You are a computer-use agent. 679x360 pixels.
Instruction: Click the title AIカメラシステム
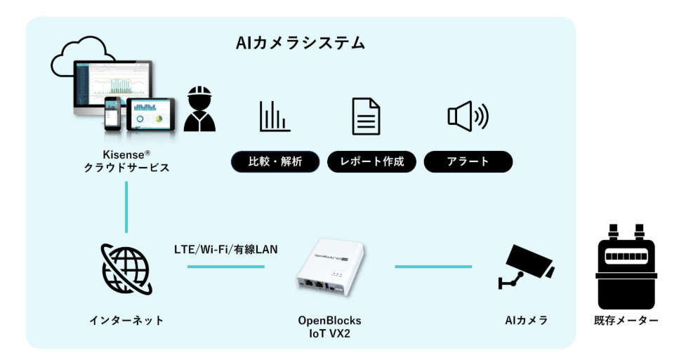point(301,44)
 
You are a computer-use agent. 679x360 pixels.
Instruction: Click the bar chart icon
point(275,116)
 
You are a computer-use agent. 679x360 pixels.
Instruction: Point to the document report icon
point(366,116)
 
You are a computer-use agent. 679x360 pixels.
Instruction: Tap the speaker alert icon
point(468,116)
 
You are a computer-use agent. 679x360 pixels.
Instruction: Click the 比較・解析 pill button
point(275,162)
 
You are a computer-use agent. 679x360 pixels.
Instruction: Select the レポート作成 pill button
point(372,162)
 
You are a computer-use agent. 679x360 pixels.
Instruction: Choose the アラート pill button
point(468,162)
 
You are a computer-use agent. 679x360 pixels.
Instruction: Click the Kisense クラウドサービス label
point(127,161)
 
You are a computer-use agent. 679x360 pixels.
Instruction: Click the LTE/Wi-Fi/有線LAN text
point(226,248)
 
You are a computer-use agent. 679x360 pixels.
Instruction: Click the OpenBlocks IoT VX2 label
point(329,326)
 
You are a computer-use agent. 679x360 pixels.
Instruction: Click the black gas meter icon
point(626,267)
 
